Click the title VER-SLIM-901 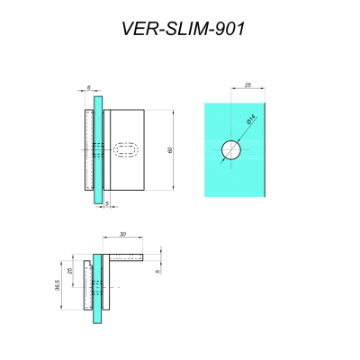183,29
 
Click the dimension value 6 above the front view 88,87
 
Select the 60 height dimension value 169,149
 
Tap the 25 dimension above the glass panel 247,87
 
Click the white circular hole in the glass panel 233,150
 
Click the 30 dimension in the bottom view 122,235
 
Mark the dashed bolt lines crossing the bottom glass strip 98,287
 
